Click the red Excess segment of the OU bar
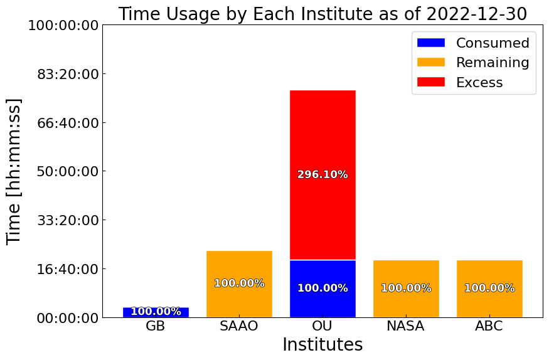322,175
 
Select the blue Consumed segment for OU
322,289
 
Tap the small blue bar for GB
156,312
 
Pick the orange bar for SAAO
239,284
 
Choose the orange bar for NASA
406,289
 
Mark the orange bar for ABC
489,289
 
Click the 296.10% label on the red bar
322,174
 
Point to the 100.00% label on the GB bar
156,311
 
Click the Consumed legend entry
473,43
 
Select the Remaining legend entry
473,62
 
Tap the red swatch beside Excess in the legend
431,82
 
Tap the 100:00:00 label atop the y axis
63,25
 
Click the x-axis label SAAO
239,326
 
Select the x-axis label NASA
406,326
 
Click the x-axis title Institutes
322,344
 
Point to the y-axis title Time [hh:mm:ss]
14,171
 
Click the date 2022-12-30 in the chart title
476,14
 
